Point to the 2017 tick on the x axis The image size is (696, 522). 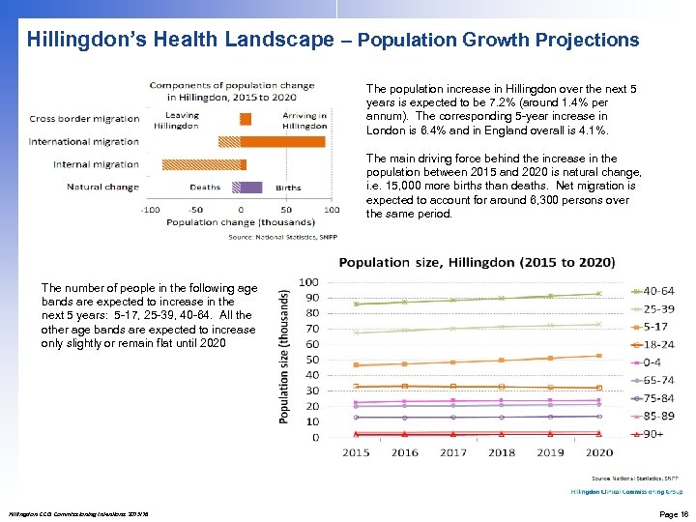coord(452,452)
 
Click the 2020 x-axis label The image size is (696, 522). coord(599,452)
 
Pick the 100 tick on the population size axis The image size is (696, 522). coord(309,282)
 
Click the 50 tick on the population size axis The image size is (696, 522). coord(312,360)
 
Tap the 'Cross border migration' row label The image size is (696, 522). coord(84,119)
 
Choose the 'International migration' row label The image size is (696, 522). coord(84,141)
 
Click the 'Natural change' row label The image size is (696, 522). coord(102,187)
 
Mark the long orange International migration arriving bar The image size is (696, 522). coord(283,141)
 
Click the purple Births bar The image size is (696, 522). coord(251,187)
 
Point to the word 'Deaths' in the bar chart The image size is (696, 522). coord(205,188)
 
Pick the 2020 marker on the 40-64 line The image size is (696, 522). coord(599,293)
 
